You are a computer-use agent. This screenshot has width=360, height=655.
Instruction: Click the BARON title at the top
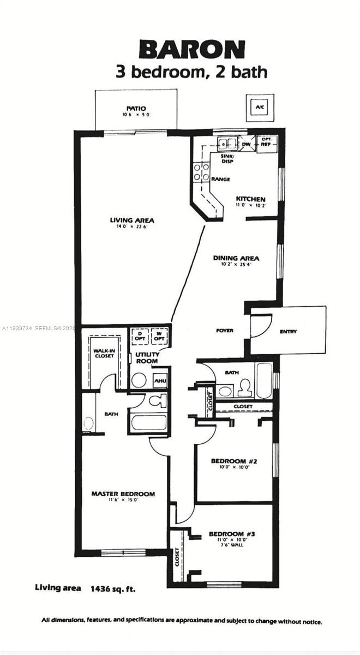(191, 50)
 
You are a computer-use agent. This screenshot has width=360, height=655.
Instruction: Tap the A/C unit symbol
(260, 107)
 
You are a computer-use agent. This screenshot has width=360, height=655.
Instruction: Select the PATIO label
(136, 109)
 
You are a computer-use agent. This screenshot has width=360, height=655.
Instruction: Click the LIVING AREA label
(132, 221)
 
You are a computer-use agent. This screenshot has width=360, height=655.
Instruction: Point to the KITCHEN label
(250, 199)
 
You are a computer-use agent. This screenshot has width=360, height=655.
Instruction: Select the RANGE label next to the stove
(220, 180)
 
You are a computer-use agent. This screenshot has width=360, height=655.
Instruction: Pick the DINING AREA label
(236, 258)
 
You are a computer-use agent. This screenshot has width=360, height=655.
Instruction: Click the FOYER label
(224, 331)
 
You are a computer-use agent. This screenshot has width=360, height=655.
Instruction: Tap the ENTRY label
(289, 331)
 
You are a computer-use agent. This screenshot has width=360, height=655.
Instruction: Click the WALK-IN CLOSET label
(104, 353)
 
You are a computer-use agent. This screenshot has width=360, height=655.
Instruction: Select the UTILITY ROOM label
(147, 358)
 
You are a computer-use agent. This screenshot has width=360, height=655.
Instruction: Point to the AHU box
(160, 381)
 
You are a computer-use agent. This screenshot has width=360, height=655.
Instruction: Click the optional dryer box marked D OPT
(140, 336)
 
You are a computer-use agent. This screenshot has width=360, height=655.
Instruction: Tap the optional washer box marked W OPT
(159, 336)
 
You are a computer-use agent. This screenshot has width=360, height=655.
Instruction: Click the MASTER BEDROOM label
(123, 494)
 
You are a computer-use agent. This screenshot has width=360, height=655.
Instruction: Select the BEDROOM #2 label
(233, 461)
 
